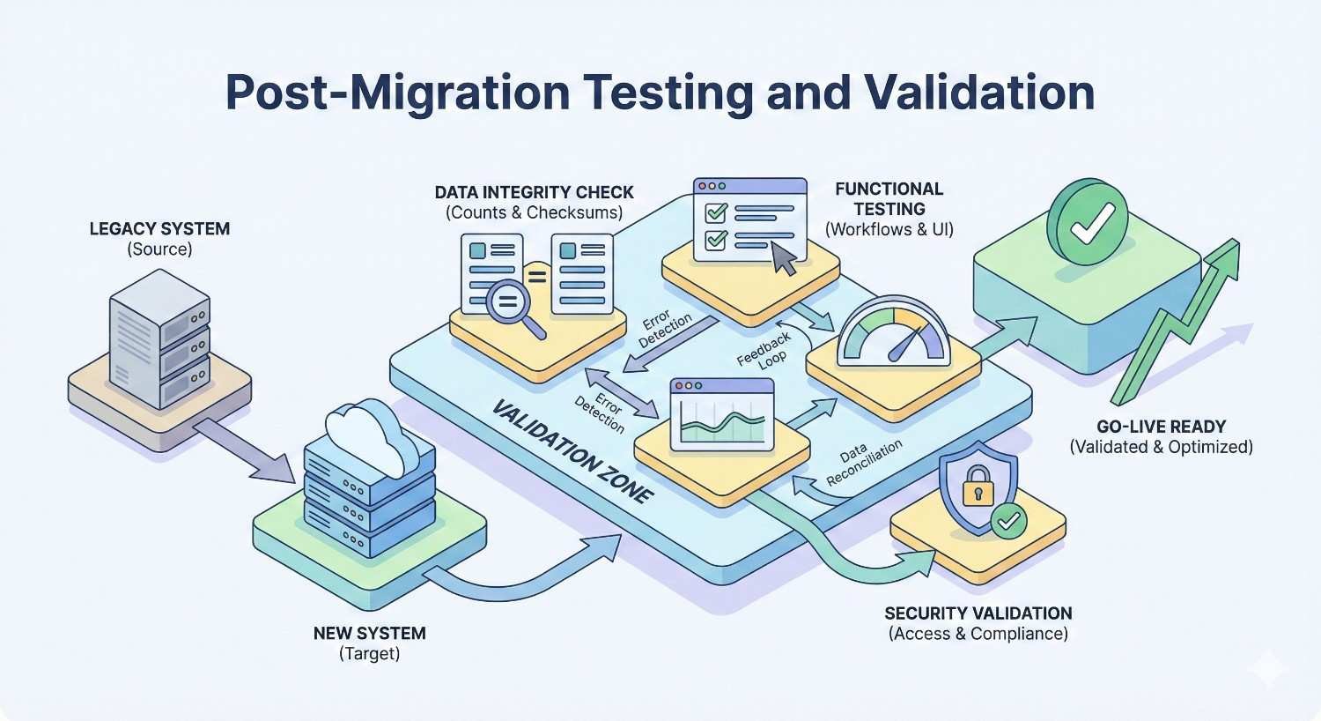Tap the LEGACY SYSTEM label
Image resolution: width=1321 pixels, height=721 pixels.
tap(159, 229)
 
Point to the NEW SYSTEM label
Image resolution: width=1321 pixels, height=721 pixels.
tap(369, 634)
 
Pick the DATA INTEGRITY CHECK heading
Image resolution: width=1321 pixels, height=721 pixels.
tap(534, 193)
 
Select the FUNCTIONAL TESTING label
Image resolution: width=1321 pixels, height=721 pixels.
tap(889, 199)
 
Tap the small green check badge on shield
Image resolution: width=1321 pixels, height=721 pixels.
tap(1007, 521)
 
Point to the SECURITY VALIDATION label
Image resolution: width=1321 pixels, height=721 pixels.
tap(978, 613)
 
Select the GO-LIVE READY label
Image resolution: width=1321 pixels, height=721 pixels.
tap(1161, 427)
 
